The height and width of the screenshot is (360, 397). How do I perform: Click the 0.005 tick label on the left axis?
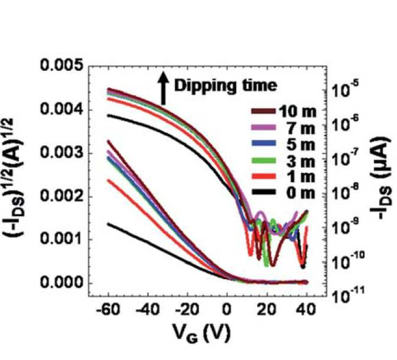pos(61,66)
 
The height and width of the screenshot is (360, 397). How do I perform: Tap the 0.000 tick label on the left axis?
pos(61,282)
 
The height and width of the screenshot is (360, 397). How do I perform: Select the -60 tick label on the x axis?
pos(108,309)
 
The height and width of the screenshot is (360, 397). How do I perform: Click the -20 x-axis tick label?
pos(187,309)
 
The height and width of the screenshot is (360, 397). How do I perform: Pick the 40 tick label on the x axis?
pos(307,309)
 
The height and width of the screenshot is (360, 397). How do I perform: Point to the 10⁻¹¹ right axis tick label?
pos(348,294)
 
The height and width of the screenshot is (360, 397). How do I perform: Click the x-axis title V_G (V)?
pos(201,333)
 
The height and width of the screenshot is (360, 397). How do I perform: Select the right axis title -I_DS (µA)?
pos(381,178)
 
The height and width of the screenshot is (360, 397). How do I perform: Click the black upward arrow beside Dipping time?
pos(164,88)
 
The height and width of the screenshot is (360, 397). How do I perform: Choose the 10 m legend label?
pos(297,112)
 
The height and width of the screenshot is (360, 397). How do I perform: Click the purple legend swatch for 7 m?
pos(263,127)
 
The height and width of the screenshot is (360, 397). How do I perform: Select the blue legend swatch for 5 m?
pos(263,143)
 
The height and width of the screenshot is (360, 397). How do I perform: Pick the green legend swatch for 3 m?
pos(263,160)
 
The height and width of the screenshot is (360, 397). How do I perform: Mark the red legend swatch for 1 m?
pos(263,176)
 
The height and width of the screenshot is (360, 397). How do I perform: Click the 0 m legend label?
pos(301,193)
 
